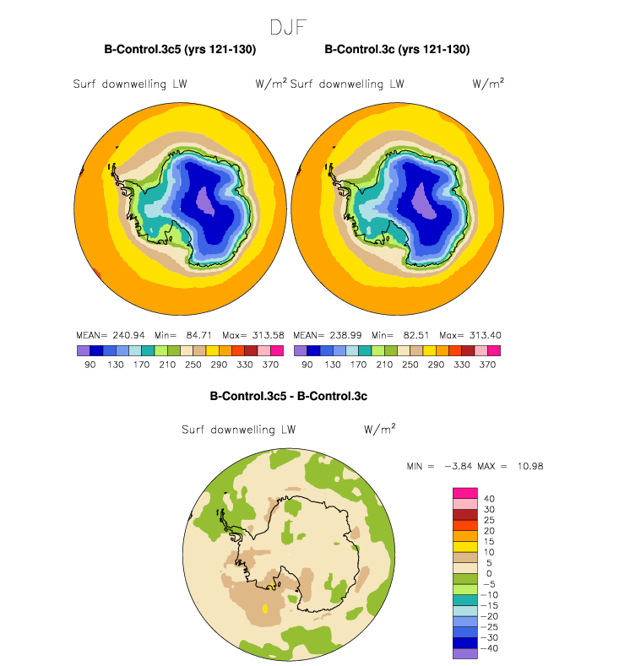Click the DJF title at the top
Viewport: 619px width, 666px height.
pyautogui.click(x=288, y=26)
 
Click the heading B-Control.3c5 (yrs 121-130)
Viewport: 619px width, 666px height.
pyautogui.click(x=180, y=50)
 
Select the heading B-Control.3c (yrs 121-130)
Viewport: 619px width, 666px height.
pyautogui.click(x=397, y=50)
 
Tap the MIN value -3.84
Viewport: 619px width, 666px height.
pyautogui.click(x=464, y=466)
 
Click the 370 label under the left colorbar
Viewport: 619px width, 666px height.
pyautogui.click(x=271, y=365)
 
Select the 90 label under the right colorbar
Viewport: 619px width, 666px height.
pyautogui.click(x=307, y=365)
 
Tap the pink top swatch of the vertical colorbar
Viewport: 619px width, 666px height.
pyautogui.click(x=466, y=493)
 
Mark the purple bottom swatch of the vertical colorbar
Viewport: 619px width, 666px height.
pyautogui.click(x=466, y=653)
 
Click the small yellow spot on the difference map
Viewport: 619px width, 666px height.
pyautogui.click(x=267, y=607)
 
